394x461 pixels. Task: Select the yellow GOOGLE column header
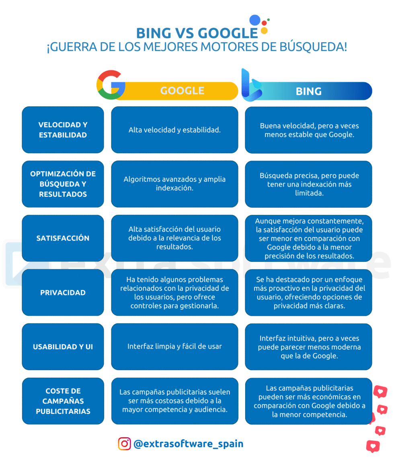coord(179,91)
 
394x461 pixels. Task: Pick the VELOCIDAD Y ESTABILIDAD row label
coord(63,130)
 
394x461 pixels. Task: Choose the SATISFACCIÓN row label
coord(63,238)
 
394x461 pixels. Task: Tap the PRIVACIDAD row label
coord(63,292)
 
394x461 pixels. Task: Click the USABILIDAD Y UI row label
coord(63,347)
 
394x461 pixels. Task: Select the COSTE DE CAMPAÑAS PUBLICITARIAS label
coord(63,401)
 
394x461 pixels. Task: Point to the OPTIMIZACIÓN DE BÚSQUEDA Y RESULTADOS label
coord(63,184)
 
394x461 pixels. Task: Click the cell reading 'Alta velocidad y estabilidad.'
coord(174,130)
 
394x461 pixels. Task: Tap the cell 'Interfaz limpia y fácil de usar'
coord(174,347)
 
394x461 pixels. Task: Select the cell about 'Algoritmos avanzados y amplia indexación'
coord(174,184)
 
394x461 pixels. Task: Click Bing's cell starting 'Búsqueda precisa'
coord(308,184)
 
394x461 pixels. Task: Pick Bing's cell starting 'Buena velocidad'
coord(308,130)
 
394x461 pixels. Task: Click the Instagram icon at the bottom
coord(124,444)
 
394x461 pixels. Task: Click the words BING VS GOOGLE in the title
coord(197,33)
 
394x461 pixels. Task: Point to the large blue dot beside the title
coord(255,20)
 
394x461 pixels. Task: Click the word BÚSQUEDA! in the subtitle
coord(313,47)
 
